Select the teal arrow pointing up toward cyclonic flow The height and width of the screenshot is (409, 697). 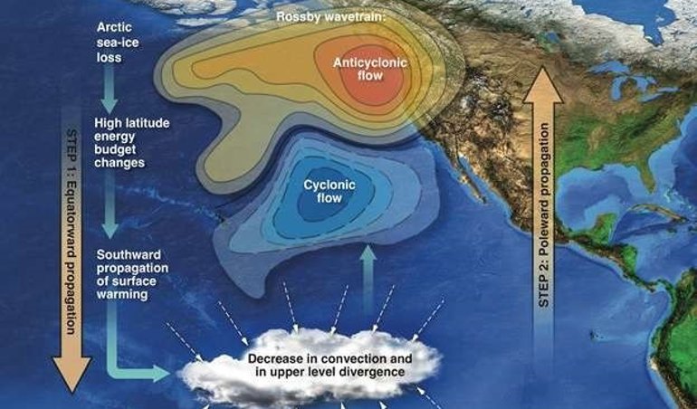point(368,267)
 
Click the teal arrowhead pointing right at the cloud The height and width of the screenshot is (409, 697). point(162,372)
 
